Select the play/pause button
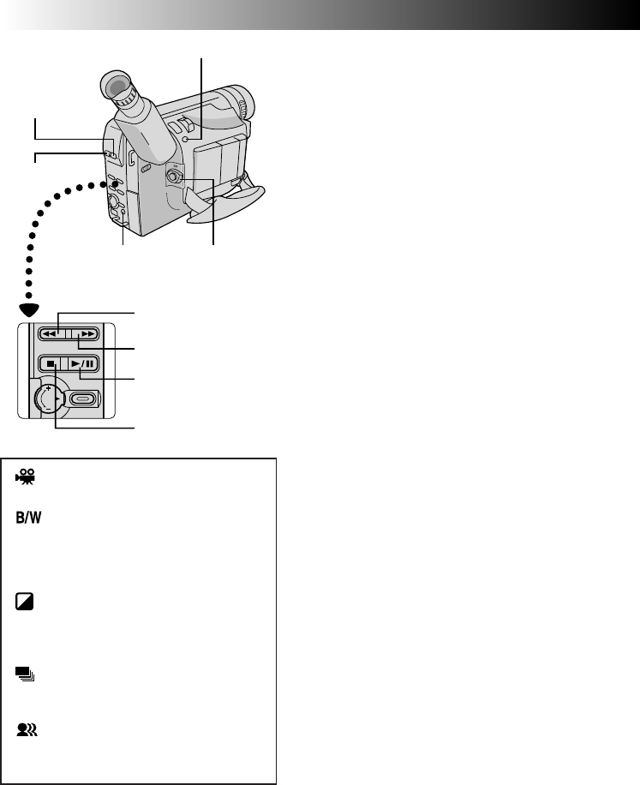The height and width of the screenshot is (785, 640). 85,363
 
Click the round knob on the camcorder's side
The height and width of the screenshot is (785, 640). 174,177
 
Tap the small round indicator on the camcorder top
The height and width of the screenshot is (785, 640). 196,139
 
